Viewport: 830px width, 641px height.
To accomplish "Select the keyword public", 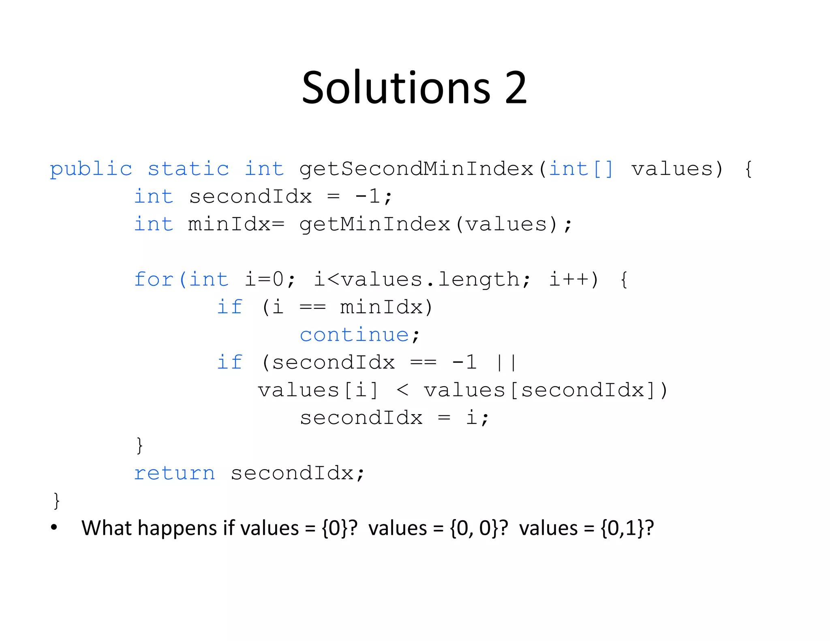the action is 91,169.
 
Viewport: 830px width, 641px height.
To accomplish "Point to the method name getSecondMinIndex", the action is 416,169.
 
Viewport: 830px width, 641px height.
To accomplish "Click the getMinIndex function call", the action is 375,224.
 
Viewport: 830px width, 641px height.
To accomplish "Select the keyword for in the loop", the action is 154,279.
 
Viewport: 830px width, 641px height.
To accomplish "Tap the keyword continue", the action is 354,335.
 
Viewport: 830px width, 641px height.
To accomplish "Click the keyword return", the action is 174,473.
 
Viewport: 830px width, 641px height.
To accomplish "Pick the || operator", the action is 506,362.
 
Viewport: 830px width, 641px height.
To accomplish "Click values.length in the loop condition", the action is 430,280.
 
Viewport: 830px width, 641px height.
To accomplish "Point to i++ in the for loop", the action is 569,280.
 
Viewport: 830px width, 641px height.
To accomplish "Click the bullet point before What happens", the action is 54,528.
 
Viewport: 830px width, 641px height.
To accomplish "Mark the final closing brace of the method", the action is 57,501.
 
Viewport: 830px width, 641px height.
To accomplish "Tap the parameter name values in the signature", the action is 671,169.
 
